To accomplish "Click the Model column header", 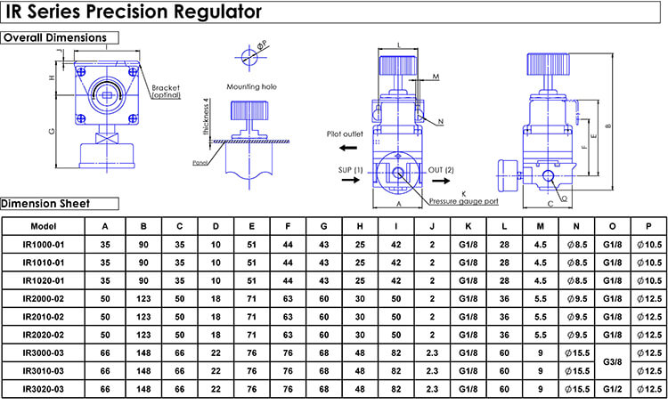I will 44,226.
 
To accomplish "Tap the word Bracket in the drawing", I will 166,87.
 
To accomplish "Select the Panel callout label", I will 200,163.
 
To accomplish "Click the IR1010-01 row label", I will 44,263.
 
